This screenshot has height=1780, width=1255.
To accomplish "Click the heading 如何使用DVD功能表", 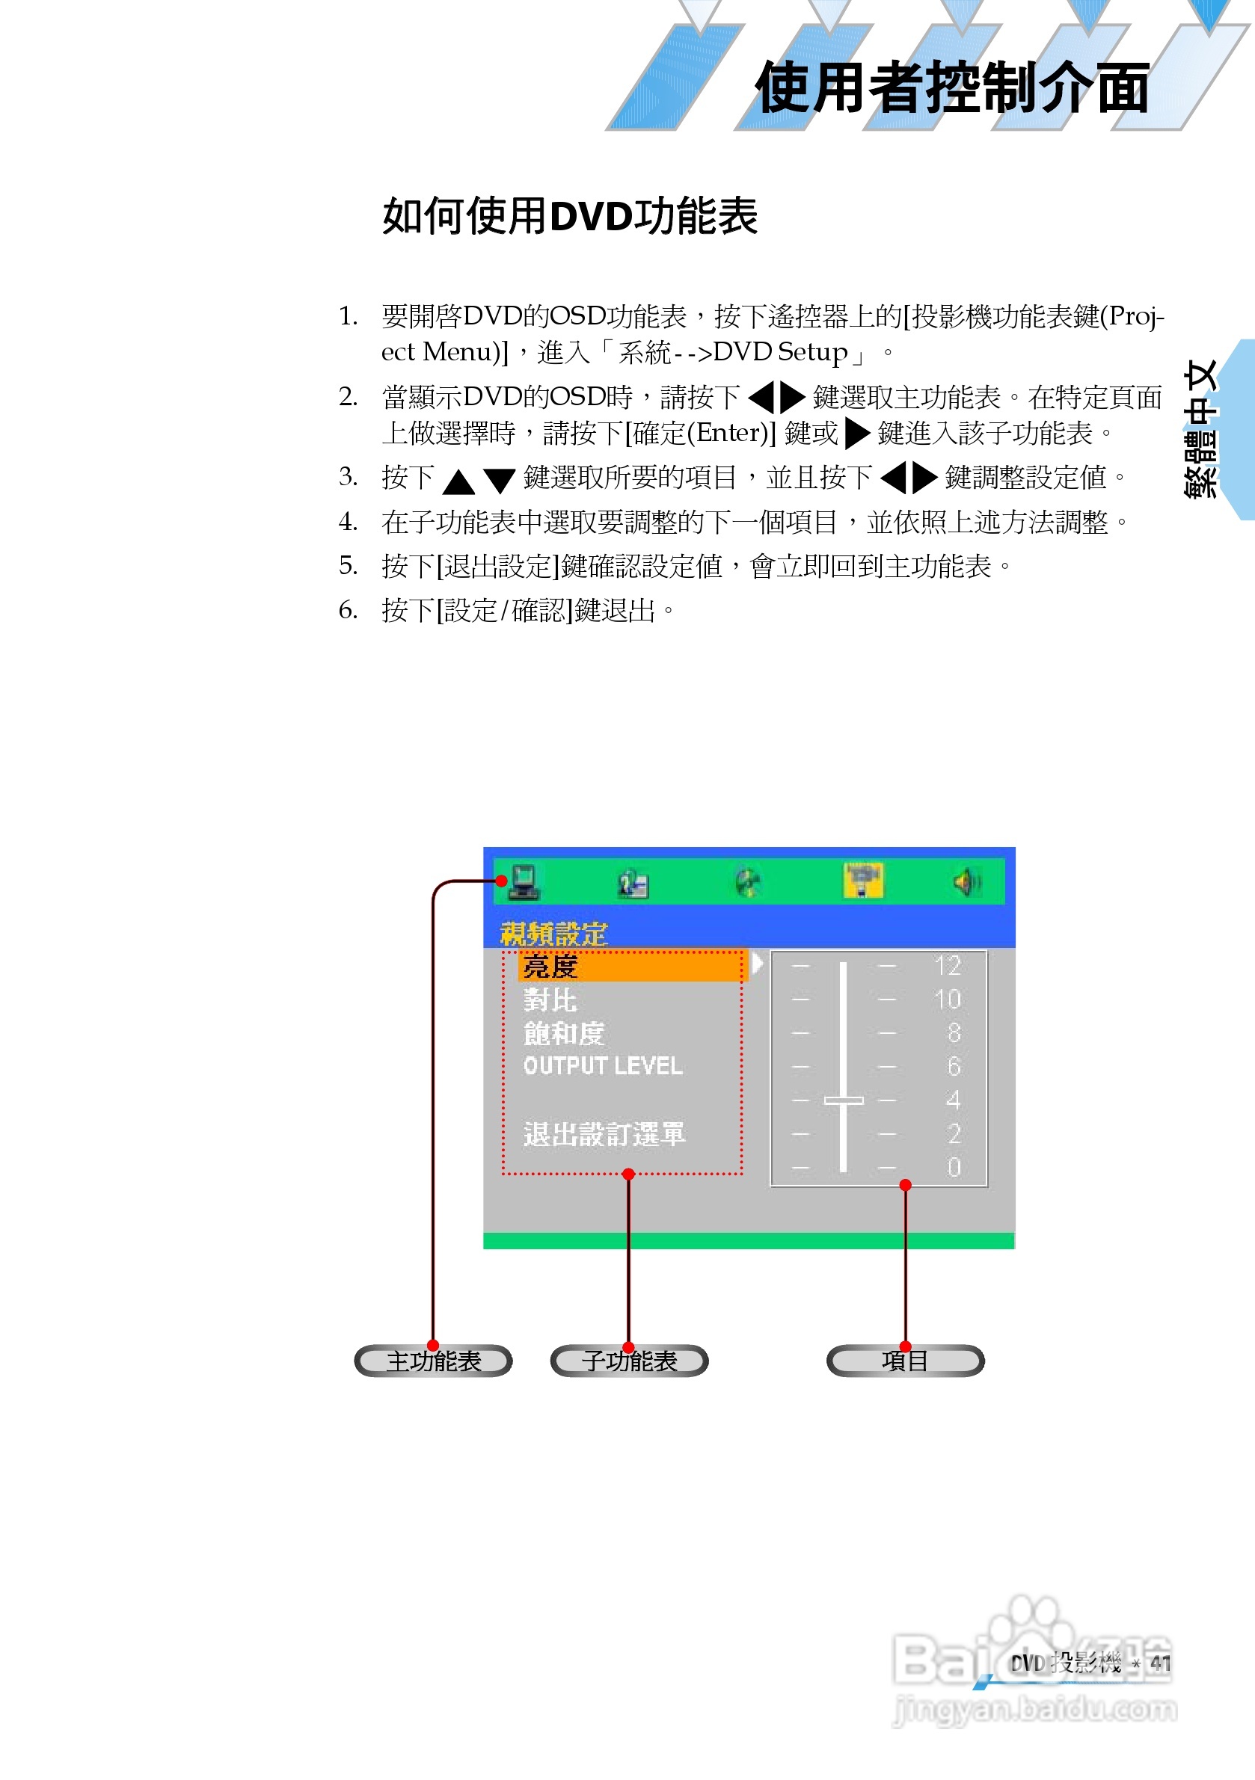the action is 569,215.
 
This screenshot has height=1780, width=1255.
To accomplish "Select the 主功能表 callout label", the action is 434,1361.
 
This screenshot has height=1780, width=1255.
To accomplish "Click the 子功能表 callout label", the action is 629,1361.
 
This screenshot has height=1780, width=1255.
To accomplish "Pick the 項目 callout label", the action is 905,1361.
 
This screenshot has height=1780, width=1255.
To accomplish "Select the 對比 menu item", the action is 550,1000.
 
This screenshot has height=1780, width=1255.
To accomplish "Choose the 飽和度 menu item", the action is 564,1033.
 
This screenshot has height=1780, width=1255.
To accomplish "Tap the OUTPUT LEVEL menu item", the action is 603,1066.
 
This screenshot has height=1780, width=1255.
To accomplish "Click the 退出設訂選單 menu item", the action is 604,1134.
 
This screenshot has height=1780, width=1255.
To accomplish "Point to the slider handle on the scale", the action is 843,1100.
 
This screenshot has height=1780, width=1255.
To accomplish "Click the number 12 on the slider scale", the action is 948,966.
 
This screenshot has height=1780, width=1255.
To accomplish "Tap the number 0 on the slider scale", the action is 954,1167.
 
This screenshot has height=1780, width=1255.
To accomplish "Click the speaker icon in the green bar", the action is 967,881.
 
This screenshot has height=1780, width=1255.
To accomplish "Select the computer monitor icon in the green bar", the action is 524,881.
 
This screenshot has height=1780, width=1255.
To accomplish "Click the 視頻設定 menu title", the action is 553,934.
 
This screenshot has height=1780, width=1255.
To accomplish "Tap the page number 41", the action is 1160,1663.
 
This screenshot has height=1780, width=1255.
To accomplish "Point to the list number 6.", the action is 348,610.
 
